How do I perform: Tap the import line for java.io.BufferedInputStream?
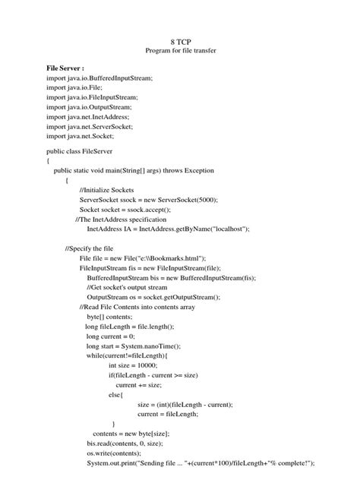(x=99, y=78)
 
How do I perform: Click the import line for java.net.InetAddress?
(x=88, y=117)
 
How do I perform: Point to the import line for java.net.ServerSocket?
(x=90, y=127)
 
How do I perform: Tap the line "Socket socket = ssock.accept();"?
(x=125, y=210)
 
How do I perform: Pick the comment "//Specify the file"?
(x=90, y=248)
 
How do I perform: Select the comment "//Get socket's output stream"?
(x=133, y=288)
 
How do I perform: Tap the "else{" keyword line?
(x=115, y=394)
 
